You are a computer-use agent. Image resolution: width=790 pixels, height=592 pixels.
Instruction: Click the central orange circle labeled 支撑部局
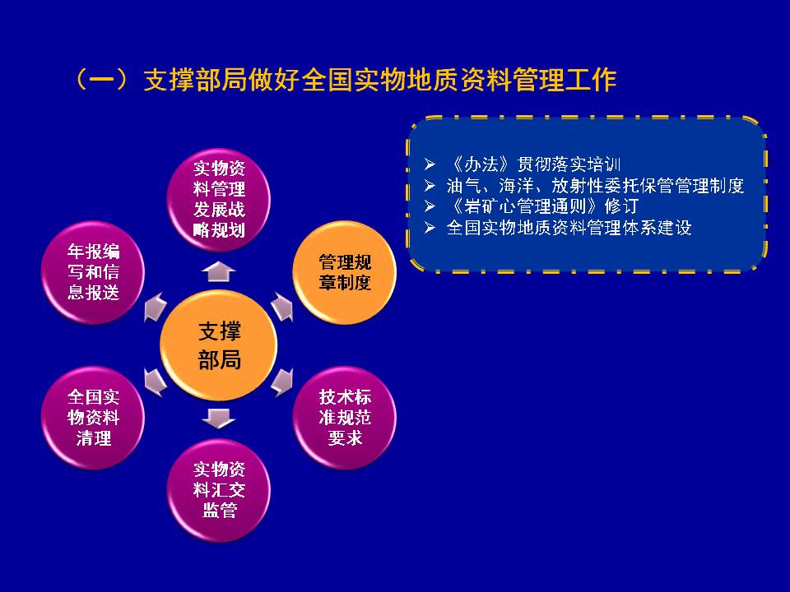tap(219, 345)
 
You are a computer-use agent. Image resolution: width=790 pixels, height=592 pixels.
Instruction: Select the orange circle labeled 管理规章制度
tap(345, 272)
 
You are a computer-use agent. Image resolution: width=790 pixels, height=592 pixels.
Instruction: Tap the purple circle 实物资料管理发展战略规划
tap(219, 199)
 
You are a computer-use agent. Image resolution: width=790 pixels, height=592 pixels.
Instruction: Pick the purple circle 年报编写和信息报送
tap(93, 272)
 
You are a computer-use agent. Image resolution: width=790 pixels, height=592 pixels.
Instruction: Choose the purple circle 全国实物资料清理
tap(93, 418)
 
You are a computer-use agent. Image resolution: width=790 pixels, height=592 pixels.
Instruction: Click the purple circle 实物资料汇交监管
tap(219, 490)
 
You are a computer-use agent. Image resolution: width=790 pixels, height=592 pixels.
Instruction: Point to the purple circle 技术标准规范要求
tap(345, 418)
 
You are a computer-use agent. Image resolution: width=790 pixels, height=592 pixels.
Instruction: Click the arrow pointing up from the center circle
tap(219, 272)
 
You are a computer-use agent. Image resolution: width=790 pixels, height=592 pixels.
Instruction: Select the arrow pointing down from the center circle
tap(219, 419)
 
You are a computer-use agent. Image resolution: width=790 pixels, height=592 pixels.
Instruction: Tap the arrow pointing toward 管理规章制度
tap(282, 307)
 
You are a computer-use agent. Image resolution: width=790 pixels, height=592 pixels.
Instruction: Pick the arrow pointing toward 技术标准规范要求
tap(282, 382)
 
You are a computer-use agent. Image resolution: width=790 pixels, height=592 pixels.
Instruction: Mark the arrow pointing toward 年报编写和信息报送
tap(156, 307)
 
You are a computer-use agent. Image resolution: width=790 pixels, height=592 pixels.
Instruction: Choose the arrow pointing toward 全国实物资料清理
tap(156, 382)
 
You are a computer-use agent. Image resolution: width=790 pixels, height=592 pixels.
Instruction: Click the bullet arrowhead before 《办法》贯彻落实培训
tap(430, 164)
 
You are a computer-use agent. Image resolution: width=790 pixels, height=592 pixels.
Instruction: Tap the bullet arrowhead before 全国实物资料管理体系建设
tap(430, 228)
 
